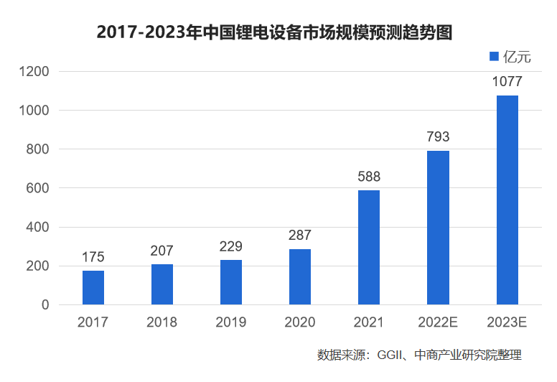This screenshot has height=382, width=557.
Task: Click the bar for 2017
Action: tap(93, 287)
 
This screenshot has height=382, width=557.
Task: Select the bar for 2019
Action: tap(231, 282)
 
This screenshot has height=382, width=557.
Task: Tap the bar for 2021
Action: tap(369, 247)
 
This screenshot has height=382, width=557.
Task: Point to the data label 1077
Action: tap(507, 82)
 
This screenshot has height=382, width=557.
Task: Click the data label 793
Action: tap(438, 137)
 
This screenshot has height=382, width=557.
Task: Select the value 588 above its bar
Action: tap(369, 177)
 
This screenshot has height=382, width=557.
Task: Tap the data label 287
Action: tap(300, 236)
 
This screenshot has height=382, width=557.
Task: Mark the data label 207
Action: tap(162, 251)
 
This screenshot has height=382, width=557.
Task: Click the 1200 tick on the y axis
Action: tap(34, 72)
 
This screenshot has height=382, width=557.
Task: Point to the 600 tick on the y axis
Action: tap(39, 188)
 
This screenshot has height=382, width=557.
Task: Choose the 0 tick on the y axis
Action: tap(45, 305)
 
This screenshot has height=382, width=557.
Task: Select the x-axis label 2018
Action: tap(162, 322)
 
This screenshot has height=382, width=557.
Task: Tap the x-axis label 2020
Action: tap(300, 322)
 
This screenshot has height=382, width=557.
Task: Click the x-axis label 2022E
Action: tap(438, 322)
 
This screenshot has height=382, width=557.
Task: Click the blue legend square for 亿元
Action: tap(493, 57)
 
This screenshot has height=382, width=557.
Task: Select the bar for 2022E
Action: tap(438, 228)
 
